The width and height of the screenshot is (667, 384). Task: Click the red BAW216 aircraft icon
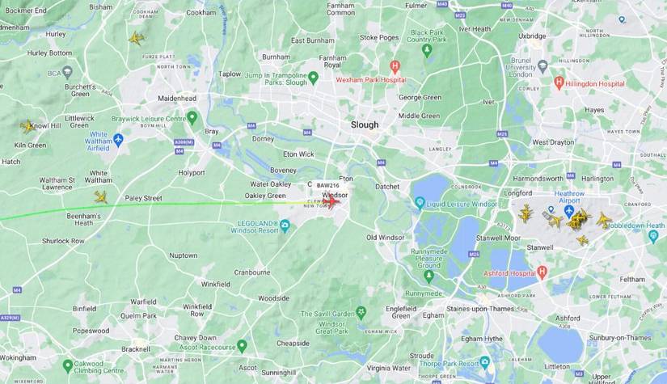tap(331, 201)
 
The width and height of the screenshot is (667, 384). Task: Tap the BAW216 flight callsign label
tap(328, 185)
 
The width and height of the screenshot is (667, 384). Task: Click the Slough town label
tap(364, 124)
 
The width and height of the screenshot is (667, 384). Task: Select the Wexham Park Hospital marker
tap(395, 66)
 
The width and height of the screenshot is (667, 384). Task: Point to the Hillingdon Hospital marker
tap(559, 82)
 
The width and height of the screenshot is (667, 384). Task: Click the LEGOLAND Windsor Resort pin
tap(285, 224)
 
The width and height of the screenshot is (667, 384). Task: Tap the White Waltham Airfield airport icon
tap(118, 139)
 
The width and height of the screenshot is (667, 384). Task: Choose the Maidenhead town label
tap(177, 98)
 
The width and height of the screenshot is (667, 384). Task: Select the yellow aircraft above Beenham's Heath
tap(100, 196)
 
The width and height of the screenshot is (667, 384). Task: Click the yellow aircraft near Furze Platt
tap(136, 38)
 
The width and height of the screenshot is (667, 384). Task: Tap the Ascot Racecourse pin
tap(242, 346)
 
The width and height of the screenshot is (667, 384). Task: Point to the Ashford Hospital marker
tap(542, 272)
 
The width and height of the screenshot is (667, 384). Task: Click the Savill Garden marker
tap(361, 311)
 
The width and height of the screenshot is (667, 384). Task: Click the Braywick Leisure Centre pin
tap(192, 117)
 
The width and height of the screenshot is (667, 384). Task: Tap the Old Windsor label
tap(384, 238)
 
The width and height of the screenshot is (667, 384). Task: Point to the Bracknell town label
tap(135, 349)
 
